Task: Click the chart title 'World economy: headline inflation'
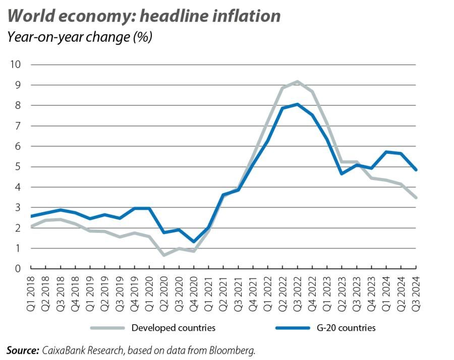point(144,16)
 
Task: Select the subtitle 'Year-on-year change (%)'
point(80,37)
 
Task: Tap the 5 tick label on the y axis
point(18,167)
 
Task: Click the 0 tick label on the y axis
point(18,269)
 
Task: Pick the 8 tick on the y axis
point(18,105)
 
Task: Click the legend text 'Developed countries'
point(173,328)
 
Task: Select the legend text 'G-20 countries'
point(346,328)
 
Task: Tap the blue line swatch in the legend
point(292,328)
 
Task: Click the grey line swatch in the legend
point(107,328)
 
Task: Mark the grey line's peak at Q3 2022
point(298,82)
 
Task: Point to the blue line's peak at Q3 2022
point(298,104)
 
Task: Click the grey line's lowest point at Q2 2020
point(164,255)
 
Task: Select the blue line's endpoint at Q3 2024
point(416,169)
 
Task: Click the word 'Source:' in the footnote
point(23,350)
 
